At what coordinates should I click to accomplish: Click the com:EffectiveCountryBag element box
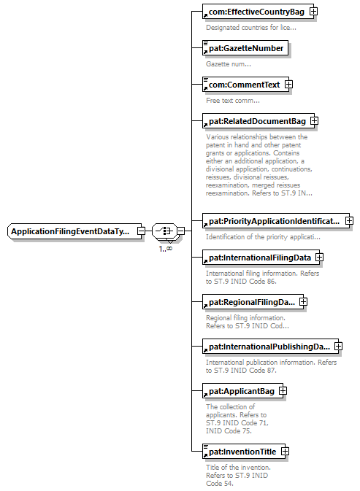[x=258, y=12]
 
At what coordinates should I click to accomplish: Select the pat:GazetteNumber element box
[x=245, y=48]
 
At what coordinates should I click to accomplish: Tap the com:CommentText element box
[x=245, y=85]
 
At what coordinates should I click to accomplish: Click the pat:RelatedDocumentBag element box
[x=258, y=121]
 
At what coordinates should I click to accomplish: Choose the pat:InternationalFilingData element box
[x=261, y=258]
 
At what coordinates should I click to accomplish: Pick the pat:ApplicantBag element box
[x=243, y=391]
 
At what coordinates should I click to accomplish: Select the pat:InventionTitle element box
[x=244, y=452]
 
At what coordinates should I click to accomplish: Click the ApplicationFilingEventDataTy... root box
[x=74, y=231]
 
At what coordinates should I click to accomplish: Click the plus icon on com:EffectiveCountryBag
[x=313, y=11]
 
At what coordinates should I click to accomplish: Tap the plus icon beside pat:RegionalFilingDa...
[x=303, y=301]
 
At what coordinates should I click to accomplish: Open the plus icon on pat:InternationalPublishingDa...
[x=338, y=346]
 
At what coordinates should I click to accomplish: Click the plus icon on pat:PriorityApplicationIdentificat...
[x=349, y=221]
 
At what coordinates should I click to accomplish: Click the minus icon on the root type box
[x=142, y=231]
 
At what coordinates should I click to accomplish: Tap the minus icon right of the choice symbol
[x=181, y=231]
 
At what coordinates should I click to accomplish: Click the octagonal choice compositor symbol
[x=164, y=231]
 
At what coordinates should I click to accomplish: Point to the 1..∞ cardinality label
[x=166, y=249]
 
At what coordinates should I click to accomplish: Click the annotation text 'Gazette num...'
[x=229, y=64]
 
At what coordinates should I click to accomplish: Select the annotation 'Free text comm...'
[x=233, y=101]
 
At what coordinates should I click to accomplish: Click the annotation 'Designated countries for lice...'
[x=251, y=28]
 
